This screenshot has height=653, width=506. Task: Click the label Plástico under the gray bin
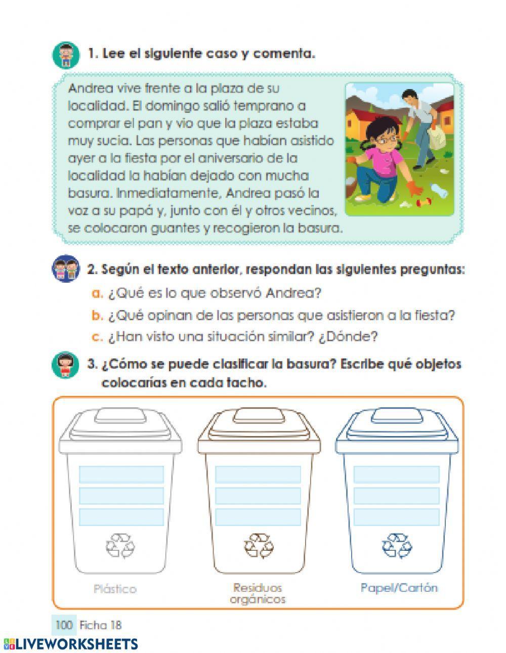115,589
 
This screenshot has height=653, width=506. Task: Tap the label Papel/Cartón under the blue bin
399,588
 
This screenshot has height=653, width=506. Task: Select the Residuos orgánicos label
258,594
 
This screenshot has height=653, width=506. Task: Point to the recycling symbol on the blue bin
397,545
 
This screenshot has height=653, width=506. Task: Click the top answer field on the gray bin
121,474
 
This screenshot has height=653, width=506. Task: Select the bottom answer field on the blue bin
396,517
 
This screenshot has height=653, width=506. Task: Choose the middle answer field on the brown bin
258,496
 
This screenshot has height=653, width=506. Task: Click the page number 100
64,625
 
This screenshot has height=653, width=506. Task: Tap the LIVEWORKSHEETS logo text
76,644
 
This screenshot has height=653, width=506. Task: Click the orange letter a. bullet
97,293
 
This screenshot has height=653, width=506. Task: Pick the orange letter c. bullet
97,337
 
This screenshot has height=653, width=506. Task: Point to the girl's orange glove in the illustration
416,190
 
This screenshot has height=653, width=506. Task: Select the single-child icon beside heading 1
65,55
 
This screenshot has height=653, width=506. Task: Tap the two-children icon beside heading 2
66,269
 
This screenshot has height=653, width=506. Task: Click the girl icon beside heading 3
65,365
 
